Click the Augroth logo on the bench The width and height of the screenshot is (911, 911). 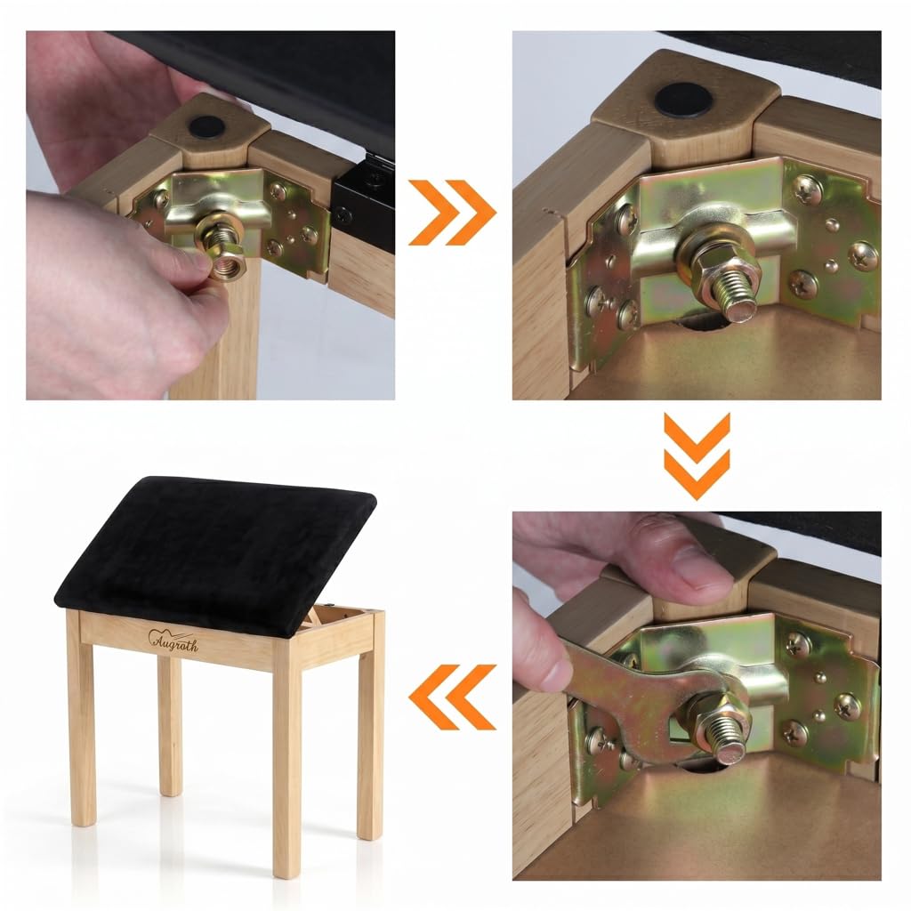point(173,641)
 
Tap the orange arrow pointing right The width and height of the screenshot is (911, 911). point(451,212)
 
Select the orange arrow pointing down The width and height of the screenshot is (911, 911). point(697,456)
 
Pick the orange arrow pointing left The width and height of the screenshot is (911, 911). point(452,697)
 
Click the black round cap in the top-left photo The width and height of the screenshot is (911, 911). point(206,126)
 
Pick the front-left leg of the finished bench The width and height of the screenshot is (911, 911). point(80,718)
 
